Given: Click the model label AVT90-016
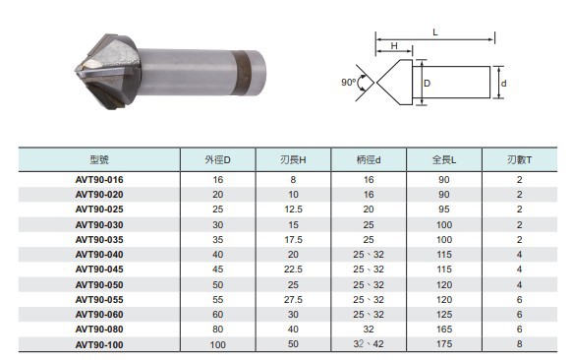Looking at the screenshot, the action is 99,180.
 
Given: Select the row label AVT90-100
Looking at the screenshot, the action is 99,344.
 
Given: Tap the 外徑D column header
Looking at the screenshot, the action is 218,160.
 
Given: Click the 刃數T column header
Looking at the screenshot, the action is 520,160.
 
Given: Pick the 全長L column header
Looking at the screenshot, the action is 444,160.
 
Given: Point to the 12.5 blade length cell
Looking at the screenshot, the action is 293,210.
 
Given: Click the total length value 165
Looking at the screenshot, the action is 444,329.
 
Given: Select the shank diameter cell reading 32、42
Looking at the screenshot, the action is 369,344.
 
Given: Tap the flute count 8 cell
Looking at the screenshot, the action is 520,344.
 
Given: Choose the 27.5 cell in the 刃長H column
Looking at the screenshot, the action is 293,299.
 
